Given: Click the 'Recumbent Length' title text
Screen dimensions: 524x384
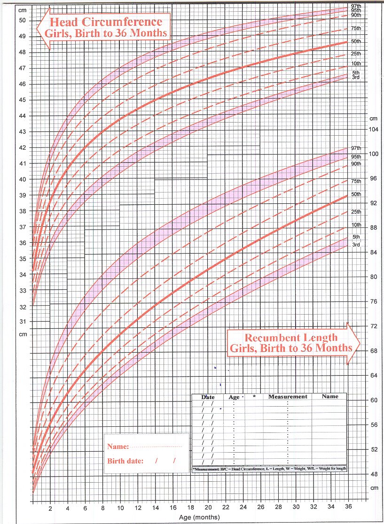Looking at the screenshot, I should click(x=283, y=337).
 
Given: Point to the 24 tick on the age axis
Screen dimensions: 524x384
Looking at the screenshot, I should click(x=243, y=508).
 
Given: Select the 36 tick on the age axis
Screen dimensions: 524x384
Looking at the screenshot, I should click(x=348, y=508).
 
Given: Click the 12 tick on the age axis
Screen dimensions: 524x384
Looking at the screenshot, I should click(x=138, y=508).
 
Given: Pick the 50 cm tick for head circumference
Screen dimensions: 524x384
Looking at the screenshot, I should click(x=22, y=20).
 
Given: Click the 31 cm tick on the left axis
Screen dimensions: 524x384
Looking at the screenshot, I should click(x=22, y=322).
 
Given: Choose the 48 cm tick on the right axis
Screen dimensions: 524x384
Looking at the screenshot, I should click(x=372, y=474).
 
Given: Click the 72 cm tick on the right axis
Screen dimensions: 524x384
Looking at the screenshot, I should click(x=372, y=326).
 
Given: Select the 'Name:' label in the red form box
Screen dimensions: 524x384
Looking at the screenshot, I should click(x=118, y=447).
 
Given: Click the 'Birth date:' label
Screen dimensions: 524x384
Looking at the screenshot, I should click(x=125, y=461).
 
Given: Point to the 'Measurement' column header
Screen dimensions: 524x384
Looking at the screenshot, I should click(x=288, y=397).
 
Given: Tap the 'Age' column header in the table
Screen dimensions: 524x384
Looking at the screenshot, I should click(x=234, y=397).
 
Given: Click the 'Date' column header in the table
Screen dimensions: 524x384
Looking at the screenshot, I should click(x=208, y=397).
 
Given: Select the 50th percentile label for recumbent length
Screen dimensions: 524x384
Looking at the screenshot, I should click(x=356, y=194).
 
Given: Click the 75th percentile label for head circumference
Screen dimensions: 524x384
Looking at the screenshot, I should click(x=356, y=29).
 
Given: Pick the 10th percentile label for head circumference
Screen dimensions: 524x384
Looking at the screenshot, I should click(x=356, y=64).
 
